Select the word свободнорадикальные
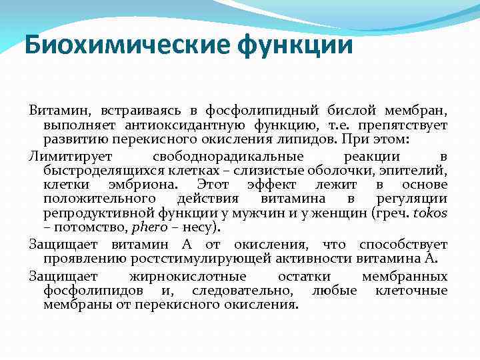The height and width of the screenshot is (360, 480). coord(227,156)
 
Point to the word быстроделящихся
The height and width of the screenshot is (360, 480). coord(99,170)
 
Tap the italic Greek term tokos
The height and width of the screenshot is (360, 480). coord(430,213)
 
